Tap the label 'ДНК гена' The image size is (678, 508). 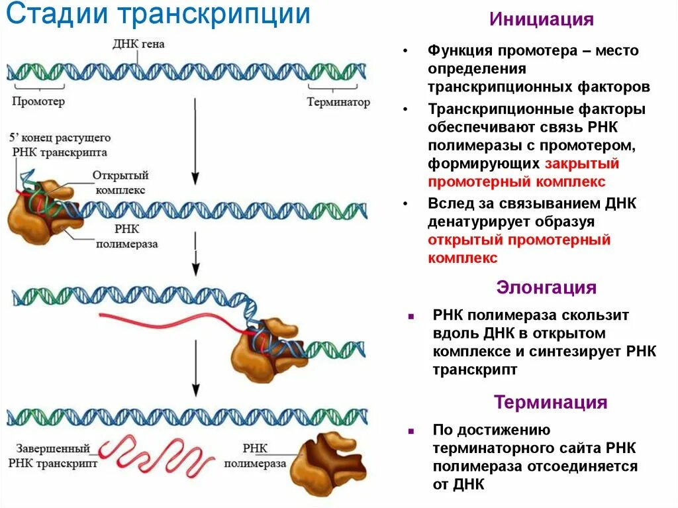click(139, 45)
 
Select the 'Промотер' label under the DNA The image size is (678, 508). click(38, 102)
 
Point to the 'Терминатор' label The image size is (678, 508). click(338, 103)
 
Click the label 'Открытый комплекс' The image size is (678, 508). click(120, 182)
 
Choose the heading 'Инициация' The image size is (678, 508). click(541, 19)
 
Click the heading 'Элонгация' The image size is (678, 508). click(546, 287)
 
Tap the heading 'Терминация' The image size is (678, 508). click(550, 402)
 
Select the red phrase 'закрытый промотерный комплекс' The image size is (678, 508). click(523, 172)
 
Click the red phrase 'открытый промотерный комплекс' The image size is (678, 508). click(519, 248)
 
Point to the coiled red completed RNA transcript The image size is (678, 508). click(160, 455)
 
